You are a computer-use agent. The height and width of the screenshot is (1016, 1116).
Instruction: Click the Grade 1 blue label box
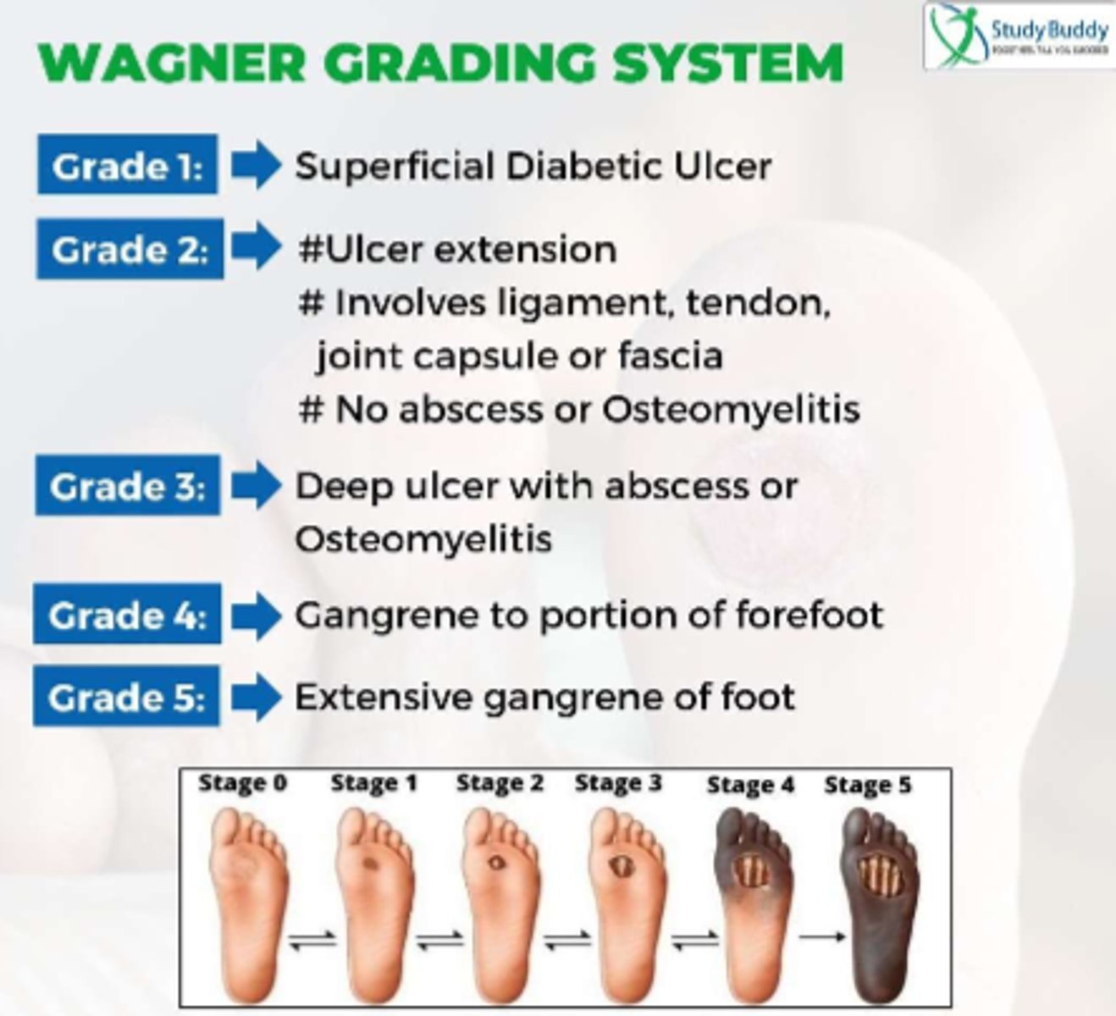coord(127,165)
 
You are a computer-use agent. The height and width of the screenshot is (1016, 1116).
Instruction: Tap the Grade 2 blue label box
coord(130,249)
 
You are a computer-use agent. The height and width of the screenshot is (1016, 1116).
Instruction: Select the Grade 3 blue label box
coord(128,486)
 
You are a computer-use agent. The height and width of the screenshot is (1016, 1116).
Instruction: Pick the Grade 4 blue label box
coord(127,615)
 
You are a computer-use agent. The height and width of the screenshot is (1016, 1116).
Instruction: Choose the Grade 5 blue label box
coord(126,697)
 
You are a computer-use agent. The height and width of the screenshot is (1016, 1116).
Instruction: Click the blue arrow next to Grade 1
coord(256,165)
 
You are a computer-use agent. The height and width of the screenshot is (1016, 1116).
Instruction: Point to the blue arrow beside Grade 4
coord(256,616)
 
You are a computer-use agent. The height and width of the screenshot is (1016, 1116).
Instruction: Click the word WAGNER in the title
coord(169,63)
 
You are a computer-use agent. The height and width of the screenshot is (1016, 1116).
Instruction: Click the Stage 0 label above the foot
coord(243,784)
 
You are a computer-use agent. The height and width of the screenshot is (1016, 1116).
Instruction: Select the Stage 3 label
coord(618,784)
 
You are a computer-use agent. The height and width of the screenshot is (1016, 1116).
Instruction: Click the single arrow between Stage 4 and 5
coord(821,936)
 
